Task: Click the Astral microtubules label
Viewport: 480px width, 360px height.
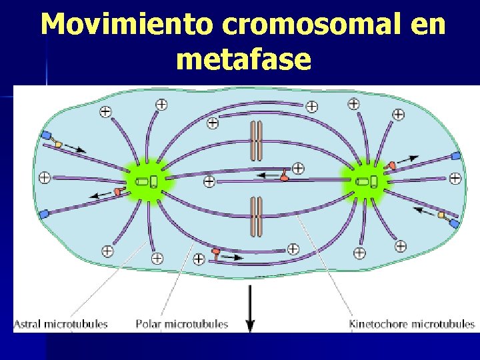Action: [61, 325]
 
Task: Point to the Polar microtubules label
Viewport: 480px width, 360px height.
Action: [182, 325]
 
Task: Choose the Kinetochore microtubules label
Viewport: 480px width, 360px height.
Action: [411, 325]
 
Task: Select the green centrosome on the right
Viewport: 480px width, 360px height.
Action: [365, 181]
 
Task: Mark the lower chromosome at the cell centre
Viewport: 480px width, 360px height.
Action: [256, 217]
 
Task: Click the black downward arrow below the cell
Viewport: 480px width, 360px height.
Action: [250, 311]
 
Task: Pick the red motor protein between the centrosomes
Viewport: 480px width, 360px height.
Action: [285, 177]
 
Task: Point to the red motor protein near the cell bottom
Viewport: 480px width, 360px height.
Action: [215, 252]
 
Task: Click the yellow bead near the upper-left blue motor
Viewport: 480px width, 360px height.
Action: [58, 144]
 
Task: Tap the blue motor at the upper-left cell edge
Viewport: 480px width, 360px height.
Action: [46, 136]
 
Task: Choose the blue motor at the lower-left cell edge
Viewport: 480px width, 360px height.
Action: [44, 214]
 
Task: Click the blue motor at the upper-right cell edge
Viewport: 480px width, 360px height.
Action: [456, 156]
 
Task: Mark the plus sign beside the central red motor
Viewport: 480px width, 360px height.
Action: [298, 168]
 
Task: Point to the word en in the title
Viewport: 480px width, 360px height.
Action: [424, 25]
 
